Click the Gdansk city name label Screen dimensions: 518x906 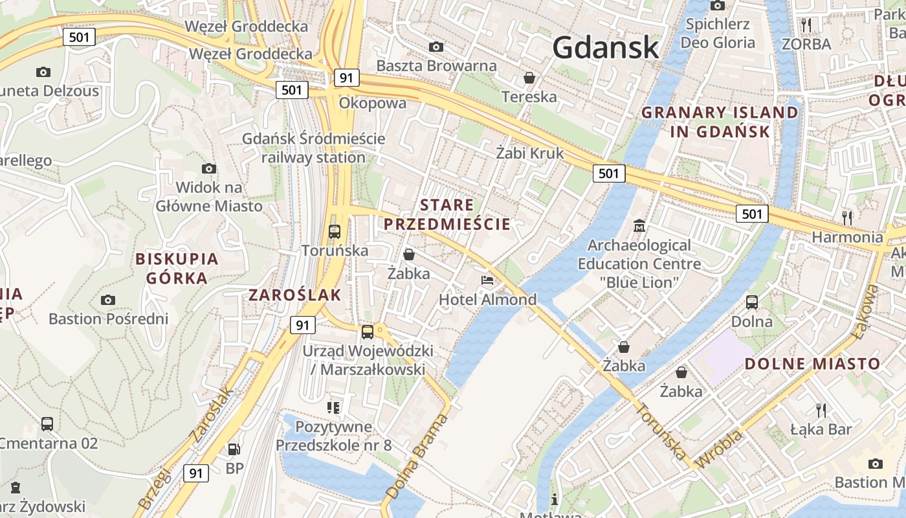pyautogui.click(x=606, y=47)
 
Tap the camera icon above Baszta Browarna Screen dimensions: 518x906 pyautogui.click(x=437, y=47)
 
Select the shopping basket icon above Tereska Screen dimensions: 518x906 pyautogui.click(x=529, y=78)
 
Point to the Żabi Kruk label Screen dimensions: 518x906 pyautogui.click(x=529, y=153)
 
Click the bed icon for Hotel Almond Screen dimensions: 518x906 pyautogui.click(x=487, y=280)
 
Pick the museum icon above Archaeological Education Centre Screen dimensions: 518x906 pyautogui.click(x=639, y=226)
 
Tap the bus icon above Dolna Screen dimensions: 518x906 pyautogui.click(x=752, y=302)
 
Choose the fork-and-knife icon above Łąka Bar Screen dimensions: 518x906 pyautogui.click(x=821, y=410)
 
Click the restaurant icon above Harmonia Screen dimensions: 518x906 pyautogui.click(x=846, y=217)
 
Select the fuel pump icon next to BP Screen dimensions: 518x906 pyautogui.click(x=234, y=449)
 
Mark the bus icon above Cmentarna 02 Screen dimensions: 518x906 pyautogui.click(x=47, y=424)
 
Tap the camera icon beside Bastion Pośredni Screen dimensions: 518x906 pyautogui.click(x=108, y=300)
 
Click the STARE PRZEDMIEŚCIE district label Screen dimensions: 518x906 pyautogui.click(x=447, y=215)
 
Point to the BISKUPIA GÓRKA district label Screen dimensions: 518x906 pyautogui.click(x=177, y=269)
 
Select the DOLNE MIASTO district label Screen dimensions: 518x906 pyautogui.click(x=812, y=363)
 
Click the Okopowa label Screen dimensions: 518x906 pyautogui.click(x=373, y=103)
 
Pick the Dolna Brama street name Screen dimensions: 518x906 pyautogui.click(x=417, y=457)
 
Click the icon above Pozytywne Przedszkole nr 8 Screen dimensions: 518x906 pyautogui.click(x=333, y=407)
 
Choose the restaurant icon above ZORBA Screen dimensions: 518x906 pyautogui.click(x=806, y=25)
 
